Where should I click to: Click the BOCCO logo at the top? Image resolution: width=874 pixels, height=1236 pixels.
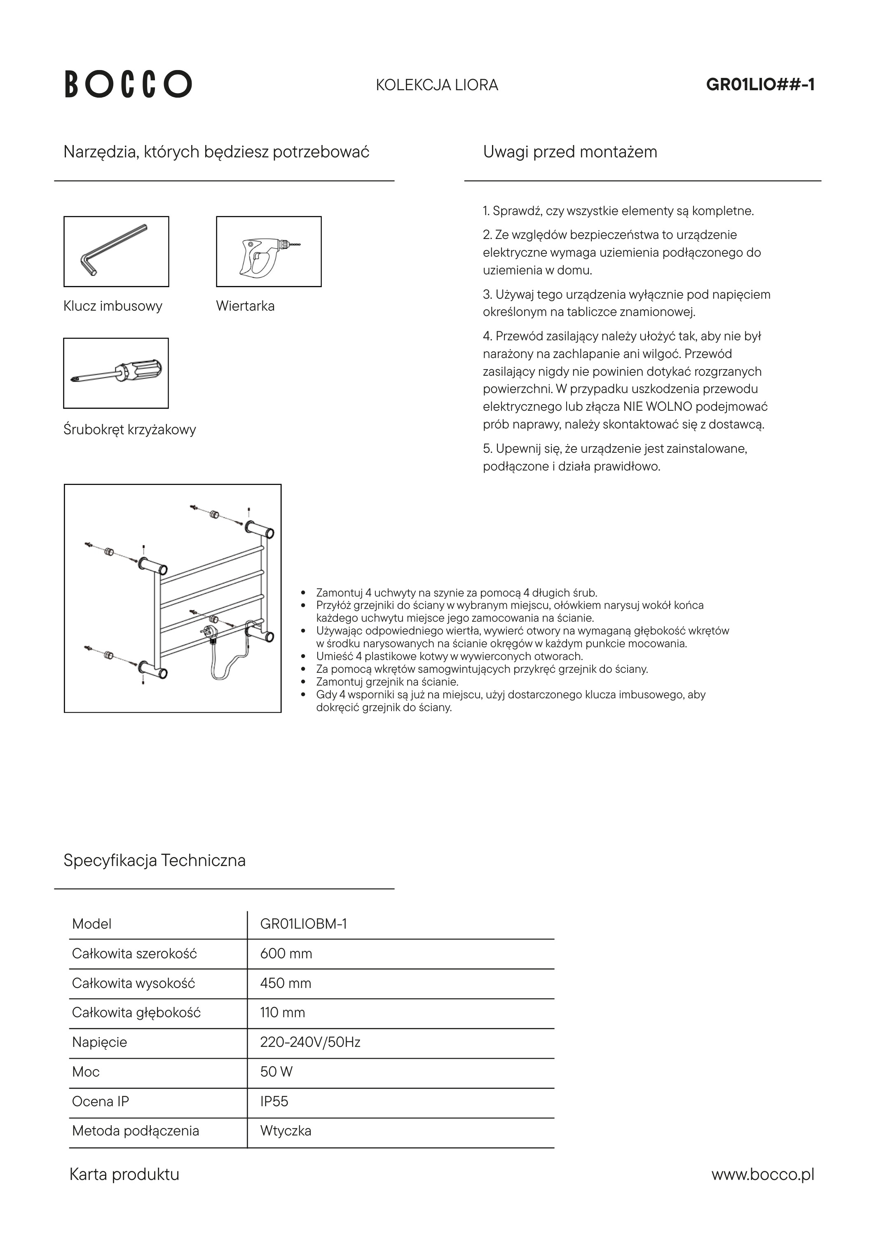[x=128, y=84]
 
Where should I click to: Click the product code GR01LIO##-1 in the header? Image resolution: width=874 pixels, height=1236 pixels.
[x=760, y=85]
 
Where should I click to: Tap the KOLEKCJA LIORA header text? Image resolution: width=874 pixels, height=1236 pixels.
[x=437, y=85]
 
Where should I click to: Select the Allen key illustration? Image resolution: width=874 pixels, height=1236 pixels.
[x=116, y=251]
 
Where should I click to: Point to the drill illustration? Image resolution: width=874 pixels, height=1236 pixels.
[x=268, y=251]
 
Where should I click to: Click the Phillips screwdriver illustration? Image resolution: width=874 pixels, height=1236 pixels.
[x=116, y=373]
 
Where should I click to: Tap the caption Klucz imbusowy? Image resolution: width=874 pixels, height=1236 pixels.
[x=112, y=306]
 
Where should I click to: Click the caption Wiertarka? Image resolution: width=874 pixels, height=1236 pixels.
[x=245, y=306]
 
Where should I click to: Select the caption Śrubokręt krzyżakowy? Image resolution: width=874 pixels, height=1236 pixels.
[x=129, y=430]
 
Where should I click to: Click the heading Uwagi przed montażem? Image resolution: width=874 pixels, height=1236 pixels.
[x=570, y=152]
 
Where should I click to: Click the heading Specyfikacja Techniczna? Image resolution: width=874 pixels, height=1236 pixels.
[x=154, y=860]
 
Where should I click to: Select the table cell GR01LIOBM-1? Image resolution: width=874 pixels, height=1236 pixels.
[x=303, y=924]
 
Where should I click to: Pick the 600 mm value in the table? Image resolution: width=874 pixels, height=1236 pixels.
[x=286, y=954]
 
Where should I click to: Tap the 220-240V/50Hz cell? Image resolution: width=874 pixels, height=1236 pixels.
[x=309, y=1043]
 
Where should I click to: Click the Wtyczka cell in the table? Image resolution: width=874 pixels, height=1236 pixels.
[x=286, y=1131]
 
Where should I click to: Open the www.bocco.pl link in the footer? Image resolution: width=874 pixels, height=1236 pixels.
[x=762, y=1175]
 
